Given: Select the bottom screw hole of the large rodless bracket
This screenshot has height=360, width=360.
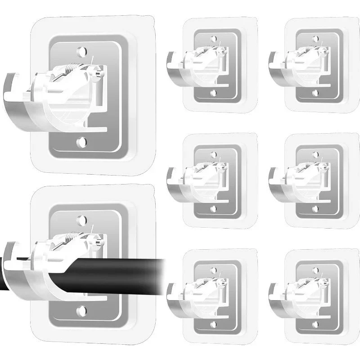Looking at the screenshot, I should (81, 142).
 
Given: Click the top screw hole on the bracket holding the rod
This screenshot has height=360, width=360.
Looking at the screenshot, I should (81, 220).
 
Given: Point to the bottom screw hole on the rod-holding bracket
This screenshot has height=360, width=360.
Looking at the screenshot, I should (81, 310).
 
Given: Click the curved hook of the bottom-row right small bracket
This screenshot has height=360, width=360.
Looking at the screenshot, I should (273, 291).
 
